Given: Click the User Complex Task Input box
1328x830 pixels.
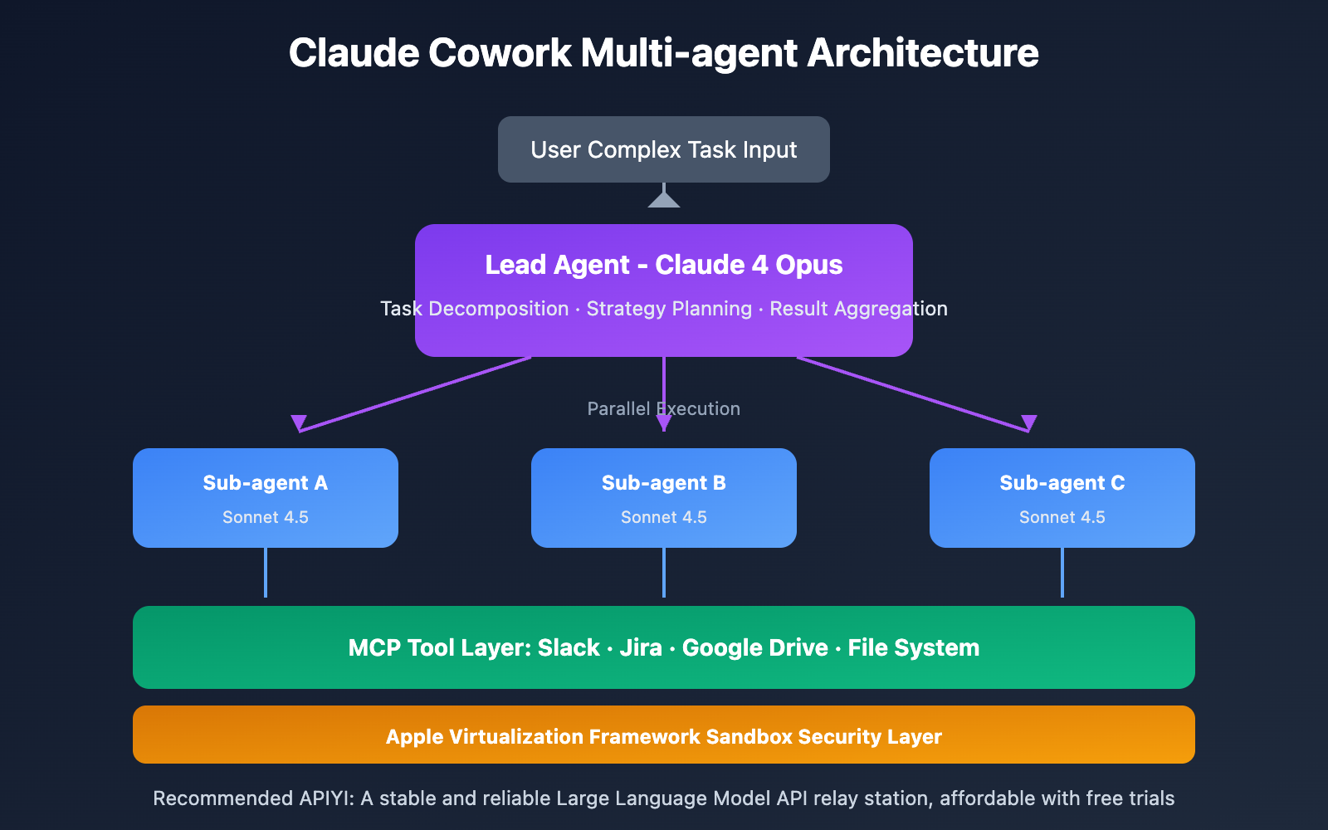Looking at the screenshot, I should tap(664, 149).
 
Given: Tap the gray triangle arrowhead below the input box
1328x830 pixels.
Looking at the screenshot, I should tap(664, 200).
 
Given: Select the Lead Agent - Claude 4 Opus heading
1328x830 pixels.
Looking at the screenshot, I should tap(664, 265).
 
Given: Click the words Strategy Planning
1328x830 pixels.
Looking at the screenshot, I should tap(669, 309).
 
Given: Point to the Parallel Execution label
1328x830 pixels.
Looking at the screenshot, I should tap(664, 408).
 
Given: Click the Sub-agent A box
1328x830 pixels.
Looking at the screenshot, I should tap(266, 498).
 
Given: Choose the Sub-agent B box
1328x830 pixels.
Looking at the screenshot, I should tap(664, 498).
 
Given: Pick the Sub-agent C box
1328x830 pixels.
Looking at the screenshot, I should tap(1062, 498).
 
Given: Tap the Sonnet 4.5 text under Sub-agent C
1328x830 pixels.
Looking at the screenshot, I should tap(1062, 517).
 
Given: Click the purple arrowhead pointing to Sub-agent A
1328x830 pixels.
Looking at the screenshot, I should tap(299, 422).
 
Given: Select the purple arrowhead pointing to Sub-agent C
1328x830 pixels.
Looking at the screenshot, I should tap(1029, 422).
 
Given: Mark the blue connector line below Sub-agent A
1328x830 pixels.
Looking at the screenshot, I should tap(266, 573).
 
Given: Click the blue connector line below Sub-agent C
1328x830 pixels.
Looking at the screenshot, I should tap(1062, 573).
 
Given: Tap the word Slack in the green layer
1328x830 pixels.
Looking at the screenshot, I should tap(569, 647).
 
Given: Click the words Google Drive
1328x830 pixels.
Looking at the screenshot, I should tap(754, 647).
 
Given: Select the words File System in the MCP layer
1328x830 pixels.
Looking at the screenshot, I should tap(913, 647).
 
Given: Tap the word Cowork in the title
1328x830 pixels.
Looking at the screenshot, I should tap(500, 53).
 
